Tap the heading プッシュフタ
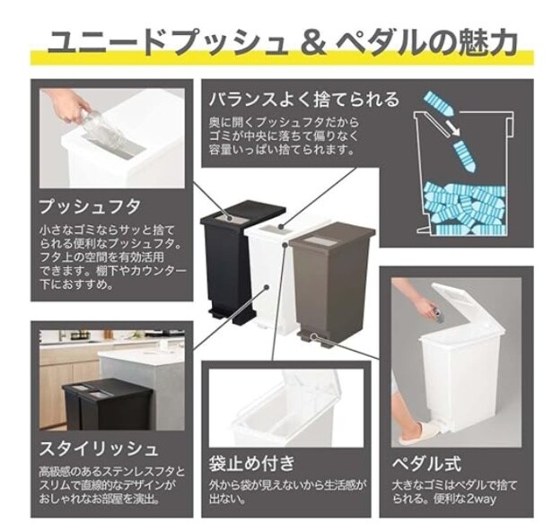pyautogui.click(x=91, y=207)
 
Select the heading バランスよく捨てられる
pyautogui.click(x=304, y=100)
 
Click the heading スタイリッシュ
pyautogui.click(x=99, y=448)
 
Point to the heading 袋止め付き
pyautogui.click(x=251, y=463)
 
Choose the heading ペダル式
pyautogui.click(x=426, y=464)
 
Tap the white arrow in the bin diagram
pyautogui.click(x=452, y=128)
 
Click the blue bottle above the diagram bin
pyautogui.click(x=439, y=104)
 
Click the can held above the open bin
pyautogui.click(x=439, y=315)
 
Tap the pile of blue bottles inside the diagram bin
pyautogui.click(x=466, y=209)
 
